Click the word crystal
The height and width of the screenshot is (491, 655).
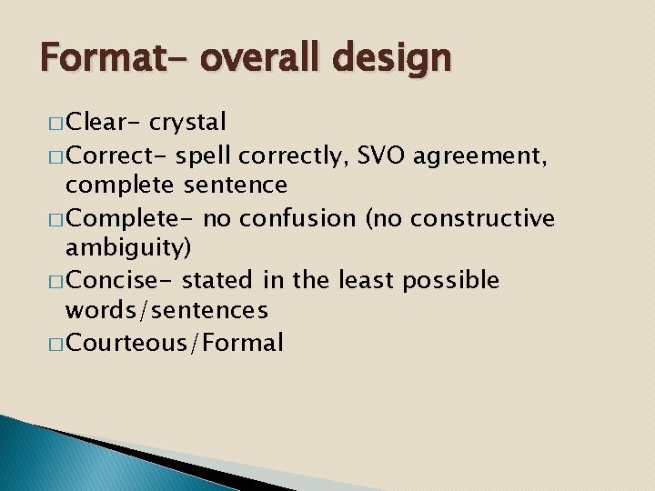(188, 122)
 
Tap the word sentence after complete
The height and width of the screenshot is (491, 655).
(236, 185)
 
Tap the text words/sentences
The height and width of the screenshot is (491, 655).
(166, 311)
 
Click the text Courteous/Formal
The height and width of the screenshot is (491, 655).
(175, 343)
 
